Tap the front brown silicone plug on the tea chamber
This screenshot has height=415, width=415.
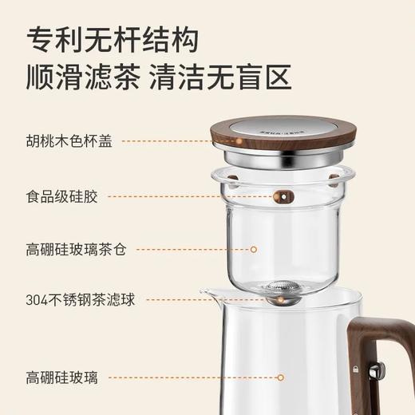click(281, 196)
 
